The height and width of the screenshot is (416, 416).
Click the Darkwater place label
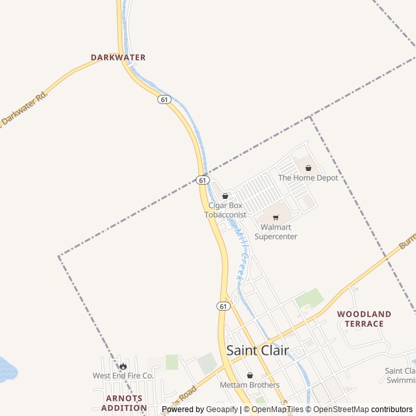(x=118, y=57)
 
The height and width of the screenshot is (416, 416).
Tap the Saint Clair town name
(x=257, y=350)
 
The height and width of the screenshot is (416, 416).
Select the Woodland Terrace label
(x=364, y=318)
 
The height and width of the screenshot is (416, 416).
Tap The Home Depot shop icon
(x=308, y=168)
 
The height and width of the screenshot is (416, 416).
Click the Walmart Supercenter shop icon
(x=276, y=217)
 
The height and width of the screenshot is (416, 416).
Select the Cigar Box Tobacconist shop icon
(x=226, y=196)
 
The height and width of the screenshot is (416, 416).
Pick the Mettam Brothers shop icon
(x=250, y=375)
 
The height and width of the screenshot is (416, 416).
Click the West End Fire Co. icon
(x=123, y=366)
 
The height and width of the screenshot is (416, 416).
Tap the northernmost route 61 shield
(x=164, y=99)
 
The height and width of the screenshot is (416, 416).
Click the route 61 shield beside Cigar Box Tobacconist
(x=203, y=180)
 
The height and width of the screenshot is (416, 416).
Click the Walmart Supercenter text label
(x=276, y=232)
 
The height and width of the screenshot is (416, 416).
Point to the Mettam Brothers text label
(x=250, y=385)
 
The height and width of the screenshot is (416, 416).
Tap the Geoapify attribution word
(x=223, y=409)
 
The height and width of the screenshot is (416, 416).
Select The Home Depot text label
(x=308, y=177)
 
